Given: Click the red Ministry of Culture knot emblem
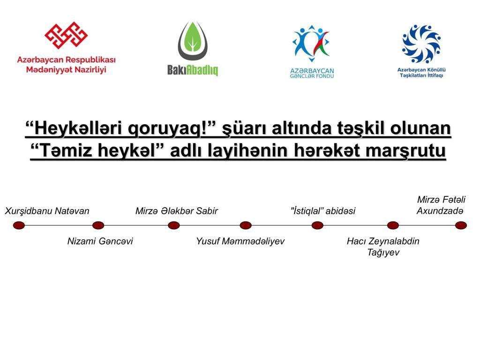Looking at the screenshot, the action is pyautogui.click(x=66, y=35).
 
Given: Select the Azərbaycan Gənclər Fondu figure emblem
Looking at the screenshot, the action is pyautogui.click(x=311, y=43).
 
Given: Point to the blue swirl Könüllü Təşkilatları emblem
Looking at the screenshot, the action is pyautogui.click(x=421, y=44).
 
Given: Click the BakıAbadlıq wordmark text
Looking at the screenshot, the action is pyautogui.click(x=193, y=70).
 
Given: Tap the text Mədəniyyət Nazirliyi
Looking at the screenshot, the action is pyautogui.click(x=66, y=70).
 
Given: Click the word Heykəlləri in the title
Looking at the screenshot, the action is pyautogui.click(x=78, y=128).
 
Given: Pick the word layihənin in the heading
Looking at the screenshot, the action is pyautogui.click(x=248, y=151).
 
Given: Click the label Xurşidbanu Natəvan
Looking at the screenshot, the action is pyautogui.click(x=47, y=211).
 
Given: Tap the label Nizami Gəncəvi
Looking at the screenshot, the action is pyautogui.click(x=100, y=241).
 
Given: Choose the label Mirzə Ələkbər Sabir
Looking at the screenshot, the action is pyautogui.click(x=177, y=211).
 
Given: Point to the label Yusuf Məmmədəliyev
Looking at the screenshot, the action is pyautogui.click(x=240, y=241).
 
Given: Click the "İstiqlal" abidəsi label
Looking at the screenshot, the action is pyautogui.click(x=323, y=211).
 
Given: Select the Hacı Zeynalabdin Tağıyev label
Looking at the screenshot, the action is pyautogui.click(x=383, y=247).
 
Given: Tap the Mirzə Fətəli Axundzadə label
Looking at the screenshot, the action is pyautogui.click(x=441, y=205).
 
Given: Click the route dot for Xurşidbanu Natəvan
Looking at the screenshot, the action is pyautogui.click(x=19, y=225).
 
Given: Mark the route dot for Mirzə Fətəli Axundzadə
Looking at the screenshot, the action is pyautogui.click(x=461, y=225).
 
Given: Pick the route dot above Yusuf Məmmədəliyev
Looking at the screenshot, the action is pyautogui.click(x=246, y=225).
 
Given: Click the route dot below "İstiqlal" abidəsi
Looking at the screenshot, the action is pyautogui.click(x=317, y=225).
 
